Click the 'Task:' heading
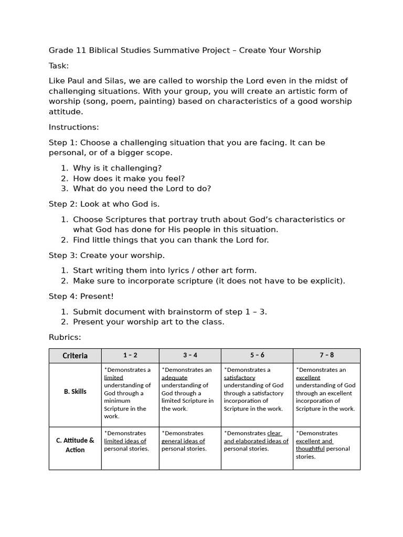(x=59, y=66)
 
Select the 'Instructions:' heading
(x=73, y=127)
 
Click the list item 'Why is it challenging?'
(x=117, y=168)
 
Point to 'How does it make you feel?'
(x=129, y=178)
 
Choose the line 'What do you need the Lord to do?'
(x=142, y=189)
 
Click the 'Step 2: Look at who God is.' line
(x=104, y=204)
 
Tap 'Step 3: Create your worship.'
(x=107, y=255)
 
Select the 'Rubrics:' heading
(x=65, y=337)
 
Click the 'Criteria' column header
(x=75, y=356)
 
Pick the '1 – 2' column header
(x=130, y=355)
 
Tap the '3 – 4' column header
(x=190, y=355)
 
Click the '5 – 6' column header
(x=257, y=355)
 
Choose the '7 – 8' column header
(x=326, y=355)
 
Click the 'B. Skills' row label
(x=75, y=392)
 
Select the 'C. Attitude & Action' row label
(x=75, y=445)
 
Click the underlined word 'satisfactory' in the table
(x=239, y=378)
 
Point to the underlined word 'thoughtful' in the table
(x=310, y=449)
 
